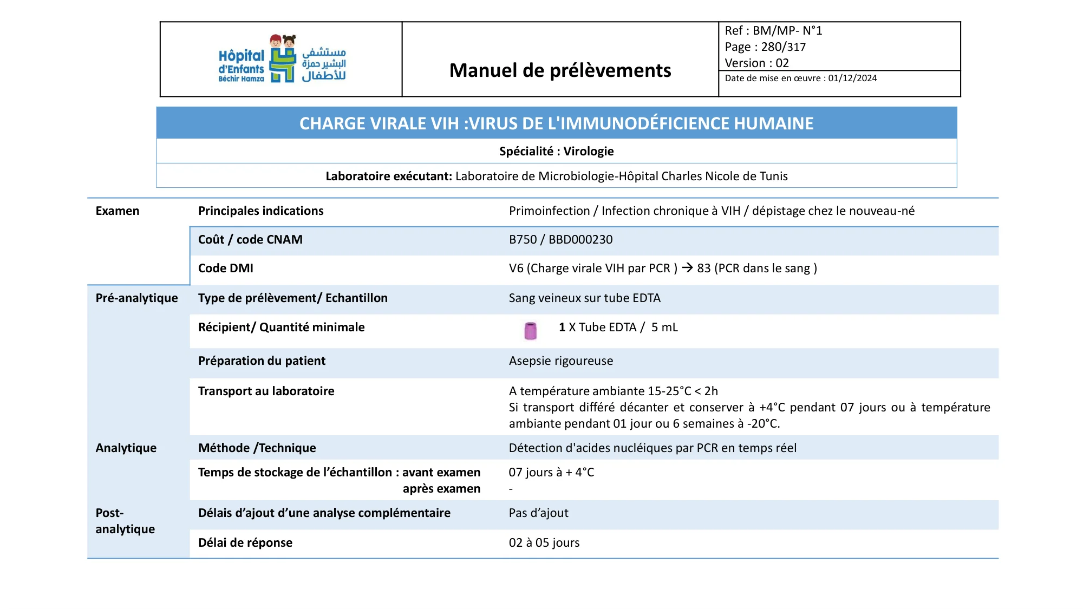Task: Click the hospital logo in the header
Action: click(282, 59)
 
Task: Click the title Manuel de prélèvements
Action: click(560, 70)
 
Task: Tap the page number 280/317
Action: click(783, 47)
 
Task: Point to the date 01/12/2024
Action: click(852, 78)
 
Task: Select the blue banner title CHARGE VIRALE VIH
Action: click(556, 123)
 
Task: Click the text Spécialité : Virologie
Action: click(556, 151)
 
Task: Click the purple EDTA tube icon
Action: click(530, 330)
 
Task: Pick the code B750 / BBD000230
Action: click(560, 240)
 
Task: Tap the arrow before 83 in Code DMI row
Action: click(687, 267)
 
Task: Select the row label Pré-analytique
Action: click(136, 298)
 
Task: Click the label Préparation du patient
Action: click(262, 361)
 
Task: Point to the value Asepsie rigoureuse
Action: click(560, 361)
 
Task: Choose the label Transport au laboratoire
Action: click(266, 391)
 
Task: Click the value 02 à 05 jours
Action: click(544, 542)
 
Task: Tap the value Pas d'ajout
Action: click(538, 513)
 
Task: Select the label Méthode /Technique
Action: click(257, 448)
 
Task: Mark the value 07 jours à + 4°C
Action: click(551, 472)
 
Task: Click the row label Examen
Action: click(117, 211)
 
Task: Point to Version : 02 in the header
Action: click(756, 63)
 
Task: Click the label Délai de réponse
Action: click(245, 542)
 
